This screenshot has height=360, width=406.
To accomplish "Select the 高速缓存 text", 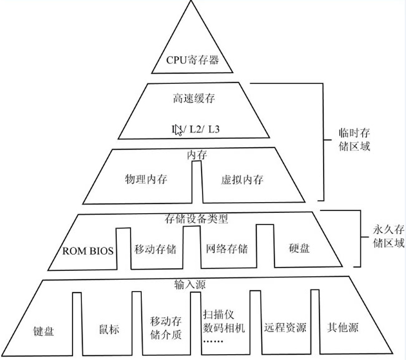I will coord(194,98).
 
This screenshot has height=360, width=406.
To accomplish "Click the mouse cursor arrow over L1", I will coord(178,130).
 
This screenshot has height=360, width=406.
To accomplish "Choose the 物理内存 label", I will coord(146,180).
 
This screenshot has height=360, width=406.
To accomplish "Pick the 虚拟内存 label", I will coord(242,180).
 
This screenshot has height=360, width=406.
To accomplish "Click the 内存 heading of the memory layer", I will coord(196,155).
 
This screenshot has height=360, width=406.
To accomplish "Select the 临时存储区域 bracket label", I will coord(352,139).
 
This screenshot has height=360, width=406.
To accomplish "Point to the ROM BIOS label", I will coord(88,251).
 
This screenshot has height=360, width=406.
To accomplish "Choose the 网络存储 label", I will coord(227,249).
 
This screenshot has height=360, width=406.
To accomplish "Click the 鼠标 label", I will coord(109,329).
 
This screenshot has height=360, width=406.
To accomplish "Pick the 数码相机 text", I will coord(224,328).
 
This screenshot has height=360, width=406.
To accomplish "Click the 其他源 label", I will coord(343,328).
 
